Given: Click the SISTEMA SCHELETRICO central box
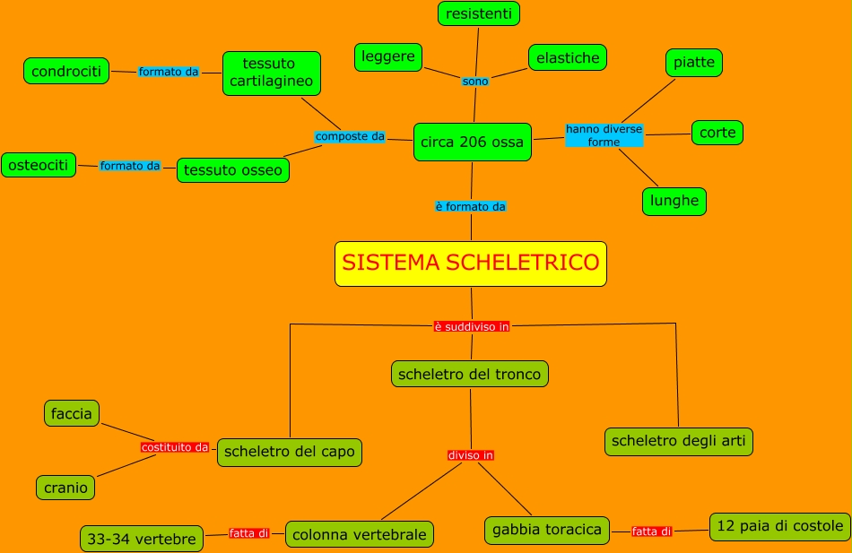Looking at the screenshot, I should point(471,264).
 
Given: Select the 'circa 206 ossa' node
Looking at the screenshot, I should point(472,143).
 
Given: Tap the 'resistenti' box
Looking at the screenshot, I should point(479,13).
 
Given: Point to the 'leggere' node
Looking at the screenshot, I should point(388,57).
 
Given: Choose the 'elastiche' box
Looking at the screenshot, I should point(567,58).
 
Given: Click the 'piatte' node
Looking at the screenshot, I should point(694,63).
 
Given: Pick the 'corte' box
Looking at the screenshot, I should point(717,133).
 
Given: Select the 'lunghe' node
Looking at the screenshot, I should point(674,201).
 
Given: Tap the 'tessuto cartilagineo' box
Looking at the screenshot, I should point(272,73).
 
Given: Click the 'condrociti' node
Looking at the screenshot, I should point(66,72).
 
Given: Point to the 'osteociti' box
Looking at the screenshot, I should point(39,165).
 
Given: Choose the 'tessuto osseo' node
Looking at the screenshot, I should point(233,170).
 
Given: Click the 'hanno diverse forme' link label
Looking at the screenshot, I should point(604,135).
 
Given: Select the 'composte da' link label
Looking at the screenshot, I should point(350,136).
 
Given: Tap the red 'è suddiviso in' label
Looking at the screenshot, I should point(472,327).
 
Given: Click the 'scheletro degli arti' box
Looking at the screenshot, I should point(679,441).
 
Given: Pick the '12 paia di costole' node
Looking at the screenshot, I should point(780,526).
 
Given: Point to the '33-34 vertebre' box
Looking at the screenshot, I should point(142,540).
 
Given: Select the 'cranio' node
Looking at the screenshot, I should point(65,488).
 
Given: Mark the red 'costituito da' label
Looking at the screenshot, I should point(175,447).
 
